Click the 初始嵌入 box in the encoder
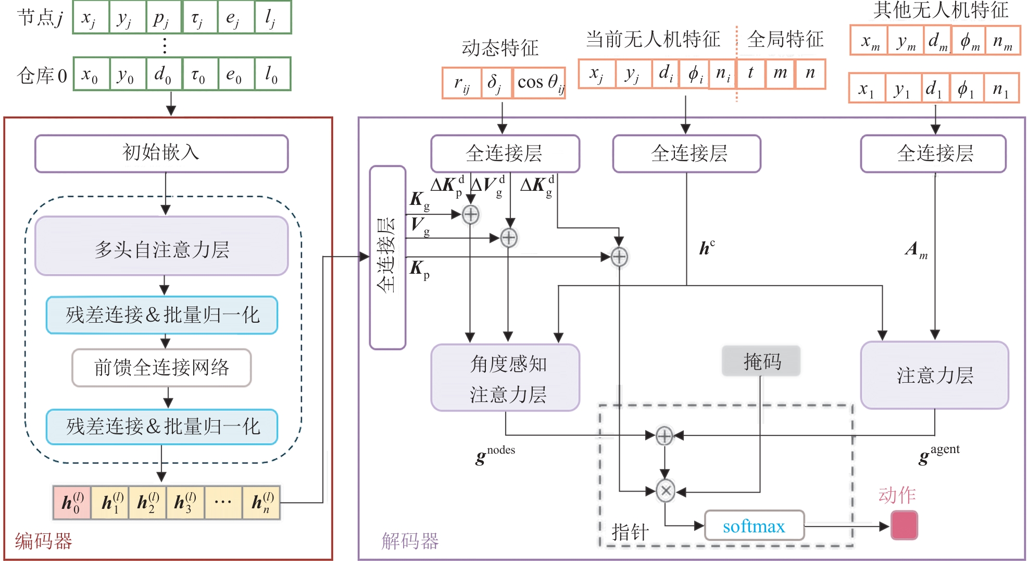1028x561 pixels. click(161, 153)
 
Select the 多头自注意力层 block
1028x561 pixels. click(161, 246)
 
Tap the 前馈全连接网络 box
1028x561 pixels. click(161, 368)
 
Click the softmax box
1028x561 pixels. click(754, 526)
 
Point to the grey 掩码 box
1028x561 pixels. click(761, 361)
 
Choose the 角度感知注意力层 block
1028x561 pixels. click(505, 378)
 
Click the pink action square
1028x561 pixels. click(904, 525)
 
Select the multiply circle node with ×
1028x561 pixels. click(665, 491)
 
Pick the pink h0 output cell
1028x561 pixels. click(72, 503)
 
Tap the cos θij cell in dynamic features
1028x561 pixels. click(540, 82)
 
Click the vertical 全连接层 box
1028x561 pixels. click(387, 258)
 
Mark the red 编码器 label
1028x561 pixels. click(43, 541)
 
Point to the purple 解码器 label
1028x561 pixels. click(410, 541)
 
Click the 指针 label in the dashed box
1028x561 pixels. click(630, 532)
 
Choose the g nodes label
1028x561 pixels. click(495, 455)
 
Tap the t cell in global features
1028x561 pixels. click(750, 73)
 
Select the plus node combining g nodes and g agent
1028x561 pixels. click(664, 436)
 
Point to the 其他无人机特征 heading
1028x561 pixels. click(941, 10)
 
